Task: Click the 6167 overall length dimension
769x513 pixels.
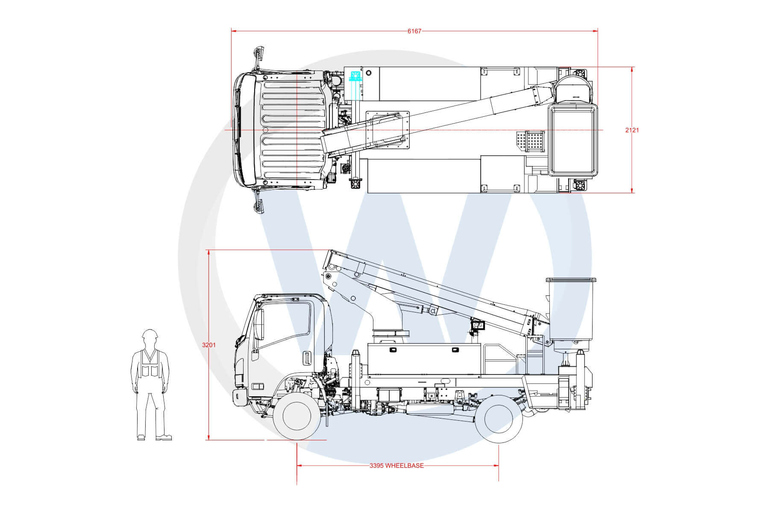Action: tap(414, 31)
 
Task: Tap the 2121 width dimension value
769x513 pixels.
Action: tap(632, 130)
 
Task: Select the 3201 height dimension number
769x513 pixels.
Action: tap(209, 345)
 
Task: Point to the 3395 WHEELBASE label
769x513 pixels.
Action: tap(397, 466)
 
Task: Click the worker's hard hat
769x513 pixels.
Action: tap(150, 334)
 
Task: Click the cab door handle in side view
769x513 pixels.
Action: tap(306, 358)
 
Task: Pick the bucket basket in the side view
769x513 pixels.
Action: tap(571, 314)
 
